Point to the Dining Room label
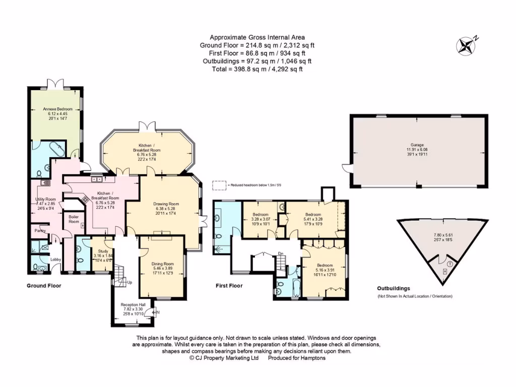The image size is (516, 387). tap(162, 264)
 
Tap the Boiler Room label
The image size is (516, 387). tap(74, 219)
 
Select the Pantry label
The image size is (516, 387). tap(40, 231)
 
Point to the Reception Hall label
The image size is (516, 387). tap(133, 305)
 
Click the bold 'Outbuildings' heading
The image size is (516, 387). tap(394, 288)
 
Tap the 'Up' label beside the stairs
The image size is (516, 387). tap(130, 282)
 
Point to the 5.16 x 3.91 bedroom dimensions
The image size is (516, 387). tap(325, 270)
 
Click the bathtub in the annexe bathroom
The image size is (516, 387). tap(54, 150)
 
